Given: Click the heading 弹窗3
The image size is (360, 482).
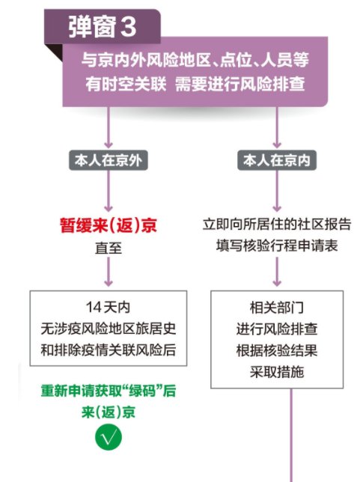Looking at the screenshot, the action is [x=102, y=26].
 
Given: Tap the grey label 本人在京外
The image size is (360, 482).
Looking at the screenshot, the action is [x=109, y=160].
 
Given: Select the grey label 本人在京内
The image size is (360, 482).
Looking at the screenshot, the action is [x=277, y=160].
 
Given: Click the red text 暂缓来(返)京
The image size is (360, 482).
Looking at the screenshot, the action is [x=109, y=225].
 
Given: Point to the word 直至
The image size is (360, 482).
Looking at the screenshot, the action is [x=109, y=248].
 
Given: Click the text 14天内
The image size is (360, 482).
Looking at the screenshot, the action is [x=109, y=307].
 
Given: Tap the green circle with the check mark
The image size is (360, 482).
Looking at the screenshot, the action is [x=109, y=437].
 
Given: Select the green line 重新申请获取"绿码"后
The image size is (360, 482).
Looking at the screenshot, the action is [x=109, y=391].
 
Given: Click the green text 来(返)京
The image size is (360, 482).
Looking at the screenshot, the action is [x=109, y=412].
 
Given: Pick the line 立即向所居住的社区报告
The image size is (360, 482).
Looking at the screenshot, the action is [x=277, y=225].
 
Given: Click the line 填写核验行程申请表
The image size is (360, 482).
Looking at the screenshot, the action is [x=277, y=245].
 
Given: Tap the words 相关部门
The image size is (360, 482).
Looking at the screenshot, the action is [x=277, y=308].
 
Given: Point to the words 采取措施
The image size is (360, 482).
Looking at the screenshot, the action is [x=277, y=372].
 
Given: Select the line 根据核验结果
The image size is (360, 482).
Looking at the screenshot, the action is [x=277, y=350].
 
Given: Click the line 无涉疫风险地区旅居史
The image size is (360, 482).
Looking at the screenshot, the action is [x=109, y=329].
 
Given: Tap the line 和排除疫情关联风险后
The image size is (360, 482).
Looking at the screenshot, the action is [x=109, y=350].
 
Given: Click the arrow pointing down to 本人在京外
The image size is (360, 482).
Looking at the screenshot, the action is [x=109, y=127].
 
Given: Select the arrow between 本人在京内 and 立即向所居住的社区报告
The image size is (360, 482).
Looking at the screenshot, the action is [x=277, y=191].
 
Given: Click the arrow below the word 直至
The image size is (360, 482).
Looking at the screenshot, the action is [x=109, y=272].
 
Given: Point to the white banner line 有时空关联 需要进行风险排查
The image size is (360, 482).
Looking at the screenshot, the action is [x=195, y=84].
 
